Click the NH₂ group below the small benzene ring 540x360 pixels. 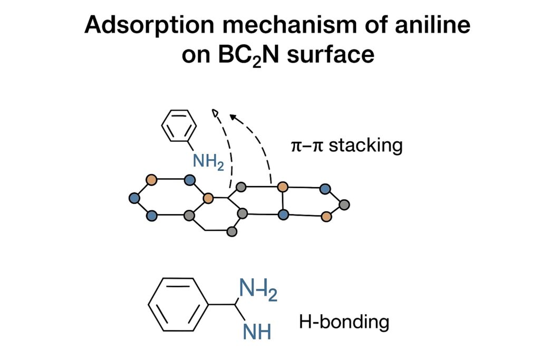[208, 161]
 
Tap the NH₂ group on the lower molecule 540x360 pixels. [258, 290]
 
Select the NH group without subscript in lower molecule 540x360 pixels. [257, 332]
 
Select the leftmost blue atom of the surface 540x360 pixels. [133, 198]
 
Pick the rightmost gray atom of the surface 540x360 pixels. [344, 204]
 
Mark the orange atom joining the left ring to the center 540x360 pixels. [208, 198]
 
